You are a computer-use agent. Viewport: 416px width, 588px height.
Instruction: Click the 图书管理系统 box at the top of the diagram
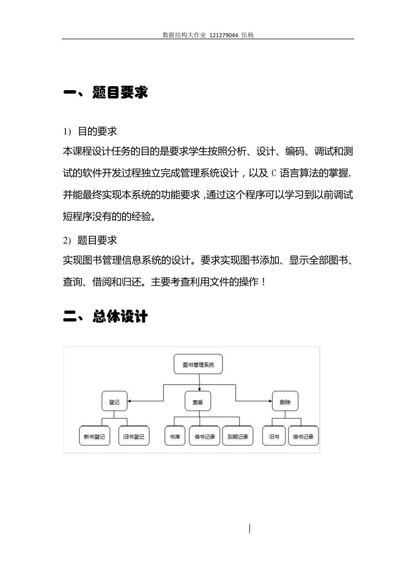pyautogui.click(x=198, y=364)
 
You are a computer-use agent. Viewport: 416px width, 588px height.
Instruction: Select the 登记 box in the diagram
pyautogui.click(x=114, y=401)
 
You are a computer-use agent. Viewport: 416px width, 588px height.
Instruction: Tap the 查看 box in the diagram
pyautogui.click(x=198, y=401)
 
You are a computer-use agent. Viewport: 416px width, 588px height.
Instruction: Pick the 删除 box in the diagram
pyautogui.click(x=285, y=401)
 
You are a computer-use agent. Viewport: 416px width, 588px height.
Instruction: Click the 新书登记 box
pyautogui.click(x=95, y=436)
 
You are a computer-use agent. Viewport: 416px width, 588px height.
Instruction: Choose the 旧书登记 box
pyautogui.click(x=134, y=436)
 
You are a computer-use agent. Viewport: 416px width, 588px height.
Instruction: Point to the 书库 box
pyautogui.click(x=175, y=436)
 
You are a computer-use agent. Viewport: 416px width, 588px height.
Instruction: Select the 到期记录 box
pyautogui.click(x=238, y=436)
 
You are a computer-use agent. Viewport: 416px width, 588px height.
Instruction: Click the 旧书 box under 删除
pyautogui.click(x=274, y=436)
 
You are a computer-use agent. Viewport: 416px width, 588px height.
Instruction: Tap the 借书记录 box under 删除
pyautogui.click(x=303, y=436)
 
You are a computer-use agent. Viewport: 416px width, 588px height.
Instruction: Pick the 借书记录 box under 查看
pyautogui.click(x=204, y=436)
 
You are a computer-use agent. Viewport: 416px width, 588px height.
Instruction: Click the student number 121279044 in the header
pyautogui.click(x=224, y=35)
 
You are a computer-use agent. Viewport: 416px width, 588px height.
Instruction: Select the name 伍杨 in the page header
pyautogui.click(x=247, y=35)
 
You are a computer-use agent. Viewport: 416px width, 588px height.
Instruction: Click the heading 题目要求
pyautogui.click(x=120, y=92)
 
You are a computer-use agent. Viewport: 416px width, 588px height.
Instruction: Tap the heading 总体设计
pyautogui.click(x=120, y=316)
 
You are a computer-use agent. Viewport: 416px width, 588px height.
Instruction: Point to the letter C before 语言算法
pyautogui.click(x=274, y=173)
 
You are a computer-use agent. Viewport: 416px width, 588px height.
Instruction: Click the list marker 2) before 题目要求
pyautogui.click(x=67, y=241)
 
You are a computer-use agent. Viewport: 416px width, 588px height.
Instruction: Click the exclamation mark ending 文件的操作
pyautogui.click(x=263, y=282)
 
